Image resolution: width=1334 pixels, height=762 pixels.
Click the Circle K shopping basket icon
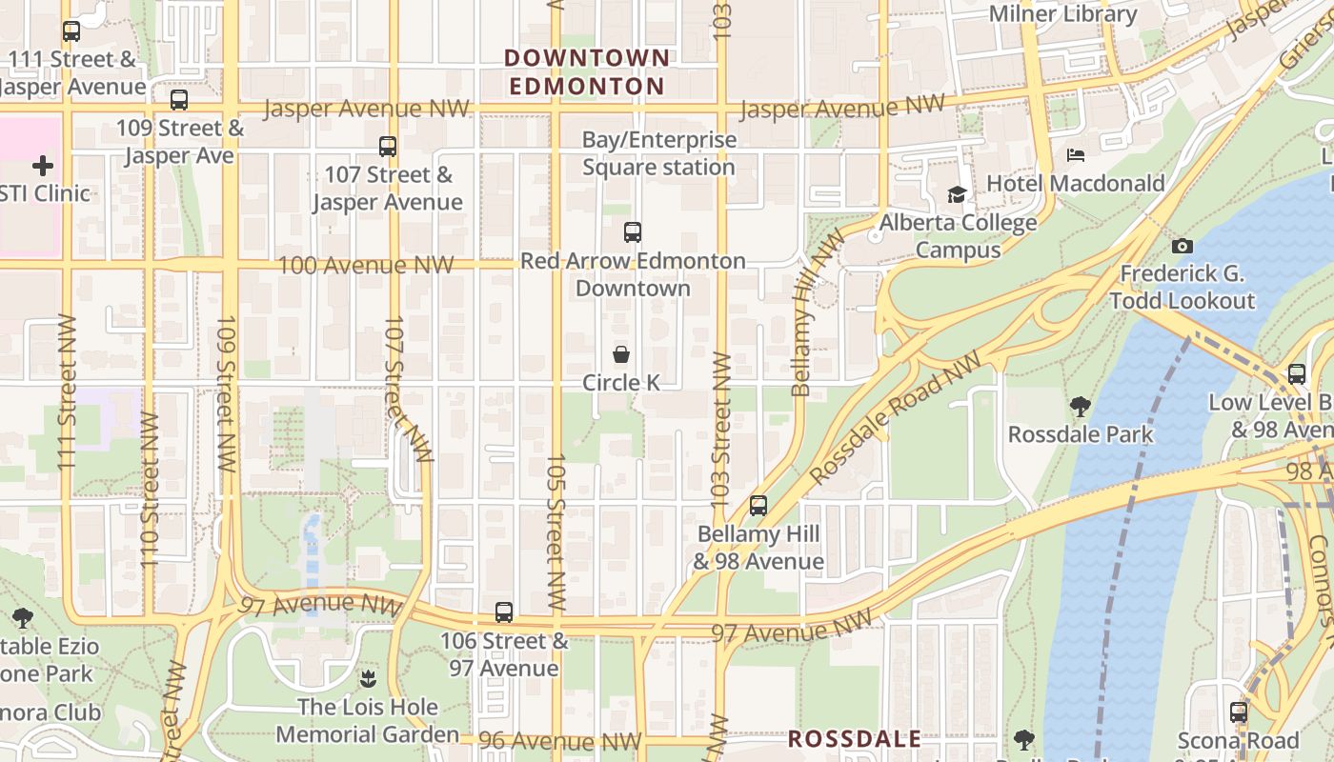coord(621,355)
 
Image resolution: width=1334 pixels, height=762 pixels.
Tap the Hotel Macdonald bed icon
coord(1076,154)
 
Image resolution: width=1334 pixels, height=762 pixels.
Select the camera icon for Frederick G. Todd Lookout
coord(1182,246)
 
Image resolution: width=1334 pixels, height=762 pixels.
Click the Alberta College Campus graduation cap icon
coord(957,195)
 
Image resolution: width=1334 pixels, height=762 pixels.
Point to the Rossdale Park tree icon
coord(1081,407)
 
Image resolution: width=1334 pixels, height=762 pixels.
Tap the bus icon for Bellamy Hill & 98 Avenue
coord(758,506)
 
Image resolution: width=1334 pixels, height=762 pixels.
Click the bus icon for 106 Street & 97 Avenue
coord(504,612)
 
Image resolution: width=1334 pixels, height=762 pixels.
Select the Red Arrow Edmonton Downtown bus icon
coord(633,231)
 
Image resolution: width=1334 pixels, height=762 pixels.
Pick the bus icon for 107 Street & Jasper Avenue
coord(388,147)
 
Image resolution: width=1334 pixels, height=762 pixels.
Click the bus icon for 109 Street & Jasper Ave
coord(179,100)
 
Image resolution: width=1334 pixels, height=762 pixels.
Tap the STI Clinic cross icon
coord(43,167)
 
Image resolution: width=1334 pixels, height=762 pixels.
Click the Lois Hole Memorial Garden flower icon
coord(368,679)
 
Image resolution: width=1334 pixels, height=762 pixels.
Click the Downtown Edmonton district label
coord(587,72)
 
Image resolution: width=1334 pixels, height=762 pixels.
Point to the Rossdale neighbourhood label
coord(855,739)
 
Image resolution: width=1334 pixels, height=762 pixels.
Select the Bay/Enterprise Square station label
coord(659,153)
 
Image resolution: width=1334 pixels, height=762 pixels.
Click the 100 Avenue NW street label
coord(365,265)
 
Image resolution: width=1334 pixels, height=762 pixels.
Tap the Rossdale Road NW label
coord(895,416)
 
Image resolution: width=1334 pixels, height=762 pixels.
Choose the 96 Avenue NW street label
coord(560,741)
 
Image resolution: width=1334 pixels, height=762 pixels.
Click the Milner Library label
coord(1063,14)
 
